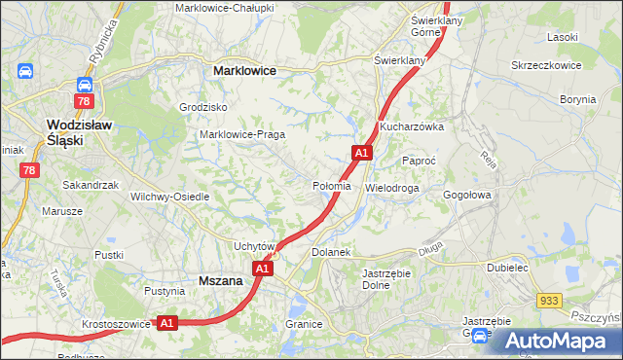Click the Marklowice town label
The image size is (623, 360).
coord(244,71)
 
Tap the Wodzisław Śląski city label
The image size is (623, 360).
coord(79,131)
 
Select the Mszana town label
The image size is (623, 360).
coord(219,280)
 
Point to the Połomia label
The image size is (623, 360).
coord(331,186)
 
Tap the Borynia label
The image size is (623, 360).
coord(577,99)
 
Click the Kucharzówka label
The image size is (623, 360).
coord(412,126)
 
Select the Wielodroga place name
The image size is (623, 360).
coord(392,187)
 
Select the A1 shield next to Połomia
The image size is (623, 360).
coord(361,153)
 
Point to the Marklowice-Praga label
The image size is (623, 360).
coord(241,134)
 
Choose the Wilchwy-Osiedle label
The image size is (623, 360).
coord(170,196)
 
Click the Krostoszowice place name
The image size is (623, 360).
coord(115,321)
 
